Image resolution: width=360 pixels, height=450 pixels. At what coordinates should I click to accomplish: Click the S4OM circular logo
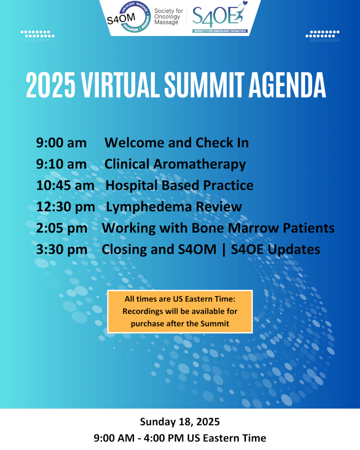(x=129, y=17)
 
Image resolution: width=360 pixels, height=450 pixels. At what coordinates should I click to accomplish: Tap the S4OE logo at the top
(x=220, y=17)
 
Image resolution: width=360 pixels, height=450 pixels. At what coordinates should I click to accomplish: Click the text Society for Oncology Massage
(x=168, y=16)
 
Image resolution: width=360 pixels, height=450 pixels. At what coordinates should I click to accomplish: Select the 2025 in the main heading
(x=51, y=85)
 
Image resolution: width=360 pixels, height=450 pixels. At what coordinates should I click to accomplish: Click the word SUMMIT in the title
(x=204, y=85)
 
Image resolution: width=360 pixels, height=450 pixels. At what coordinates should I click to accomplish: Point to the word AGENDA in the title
(x=287, y=85)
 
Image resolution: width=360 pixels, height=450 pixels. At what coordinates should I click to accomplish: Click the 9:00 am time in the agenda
(x=61, y=143)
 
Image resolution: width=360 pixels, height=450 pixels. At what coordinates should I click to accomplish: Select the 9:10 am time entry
(x=61, y=164)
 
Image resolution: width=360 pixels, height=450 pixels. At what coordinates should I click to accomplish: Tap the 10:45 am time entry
(x=65, y=186)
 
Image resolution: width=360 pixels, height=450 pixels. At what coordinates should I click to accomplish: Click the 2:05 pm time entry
(x=62, y=228)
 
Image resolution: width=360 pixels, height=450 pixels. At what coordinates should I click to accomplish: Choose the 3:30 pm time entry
(x=62, y=250)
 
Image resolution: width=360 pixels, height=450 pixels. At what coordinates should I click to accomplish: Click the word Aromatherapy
(x=199, y=165)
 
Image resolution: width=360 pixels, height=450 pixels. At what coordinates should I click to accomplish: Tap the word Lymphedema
(x=149, y=207)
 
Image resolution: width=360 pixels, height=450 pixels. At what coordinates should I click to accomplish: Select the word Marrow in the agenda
(x=253, y=228)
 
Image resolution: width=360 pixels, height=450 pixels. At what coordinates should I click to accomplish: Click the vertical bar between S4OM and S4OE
(x=224, y=250)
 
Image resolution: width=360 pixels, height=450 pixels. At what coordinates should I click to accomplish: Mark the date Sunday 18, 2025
(x=180, y=421)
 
